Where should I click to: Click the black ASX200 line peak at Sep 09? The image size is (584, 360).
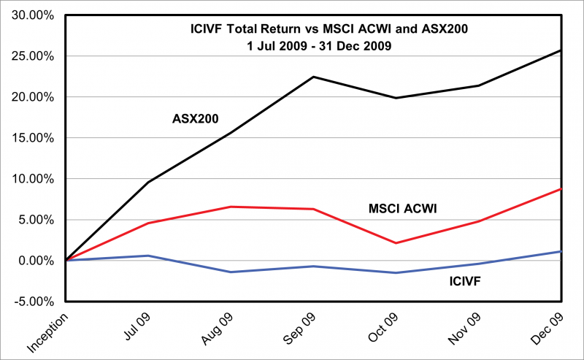313,77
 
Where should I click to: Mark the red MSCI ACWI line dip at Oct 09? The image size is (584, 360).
396,243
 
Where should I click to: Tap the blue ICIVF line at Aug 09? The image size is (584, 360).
231,272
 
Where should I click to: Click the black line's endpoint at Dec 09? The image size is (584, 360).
560,50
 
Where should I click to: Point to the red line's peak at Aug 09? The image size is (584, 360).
231,207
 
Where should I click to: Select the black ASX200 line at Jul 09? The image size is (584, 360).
149,182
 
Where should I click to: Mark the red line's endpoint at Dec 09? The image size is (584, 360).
560,189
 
